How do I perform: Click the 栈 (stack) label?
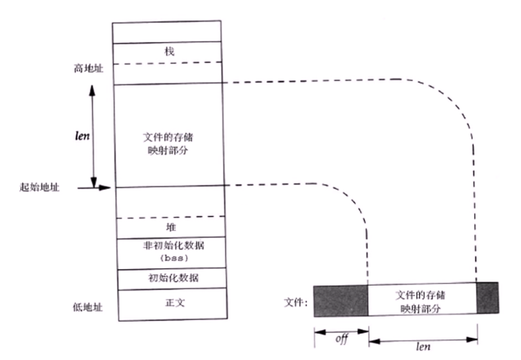point(170,51)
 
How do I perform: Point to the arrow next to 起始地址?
point(94,188)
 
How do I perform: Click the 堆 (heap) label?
point(170,228)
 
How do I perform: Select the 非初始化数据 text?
point(170,246)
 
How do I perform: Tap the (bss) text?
point(170,258)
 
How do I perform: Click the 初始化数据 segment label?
point(170,277)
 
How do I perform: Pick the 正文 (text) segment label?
point(170,303)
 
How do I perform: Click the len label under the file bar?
point(423,346)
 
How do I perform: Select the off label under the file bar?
point(340,339)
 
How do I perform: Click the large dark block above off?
point(340,301)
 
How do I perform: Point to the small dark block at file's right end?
point(487,297)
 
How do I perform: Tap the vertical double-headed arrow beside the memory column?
point(93,136)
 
